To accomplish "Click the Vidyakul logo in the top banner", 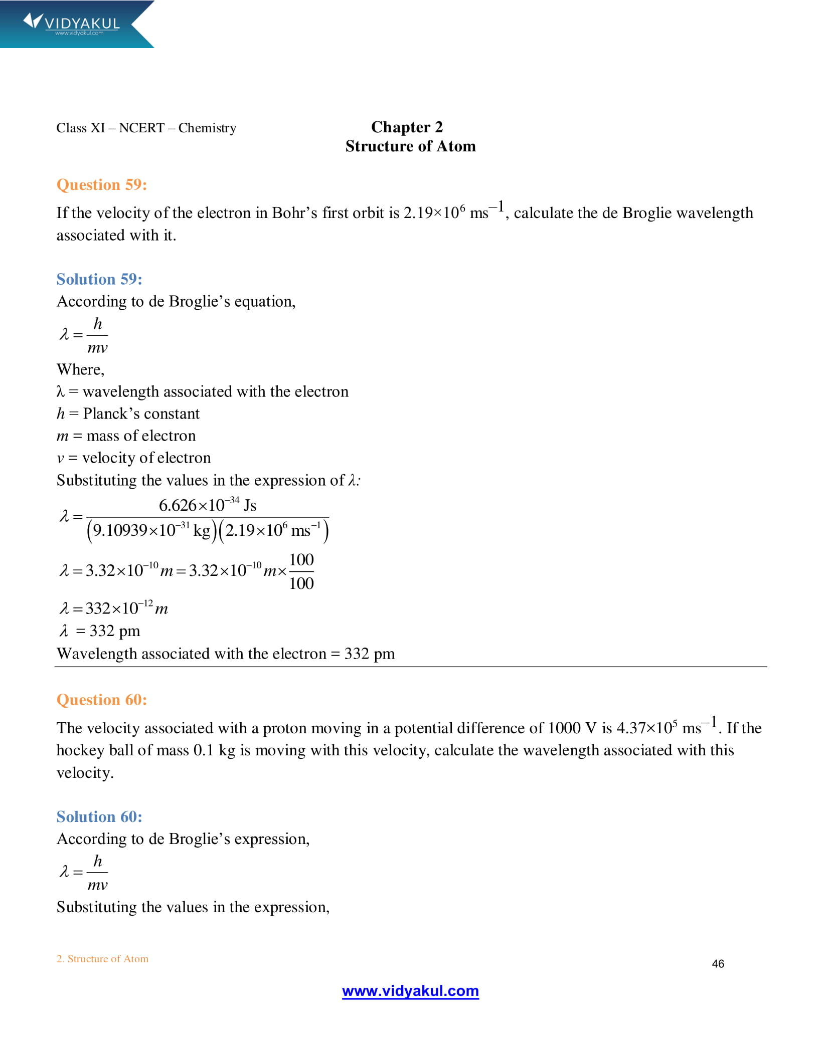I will pos(72,24).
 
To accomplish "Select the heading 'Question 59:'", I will pos(102,184).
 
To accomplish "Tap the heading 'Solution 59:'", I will pos(99,279).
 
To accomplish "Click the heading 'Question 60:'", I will pos(102,699).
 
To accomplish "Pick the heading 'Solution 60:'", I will pos(99,816).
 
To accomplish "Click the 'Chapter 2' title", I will pos(407,127).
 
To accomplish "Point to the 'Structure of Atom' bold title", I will pos(410,146).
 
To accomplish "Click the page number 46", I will pos(718,964).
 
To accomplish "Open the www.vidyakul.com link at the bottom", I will pos(410,991).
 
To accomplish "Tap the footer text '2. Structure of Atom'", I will pos(102,959).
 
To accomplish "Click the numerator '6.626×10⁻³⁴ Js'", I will pos(207,505).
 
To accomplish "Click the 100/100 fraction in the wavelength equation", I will pos(301,571).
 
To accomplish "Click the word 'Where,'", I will pos(80,369).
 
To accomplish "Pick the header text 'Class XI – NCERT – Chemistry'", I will pos(146,128).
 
